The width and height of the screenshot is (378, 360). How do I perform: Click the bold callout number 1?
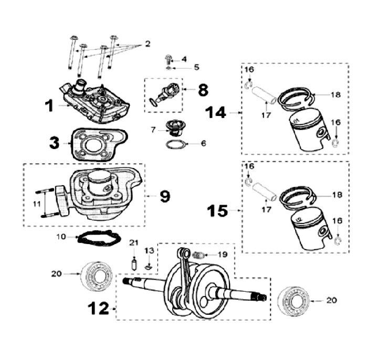click(49, 106)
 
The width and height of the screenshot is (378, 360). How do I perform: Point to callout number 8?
click(202, 90)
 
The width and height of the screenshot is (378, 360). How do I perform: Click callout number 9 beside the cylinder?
click(164, 196)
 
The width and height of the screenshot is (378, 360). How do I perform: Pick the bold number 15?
click(217, 211)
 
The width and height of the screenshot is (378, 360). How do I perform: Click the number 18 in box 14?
click(336, 94)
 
